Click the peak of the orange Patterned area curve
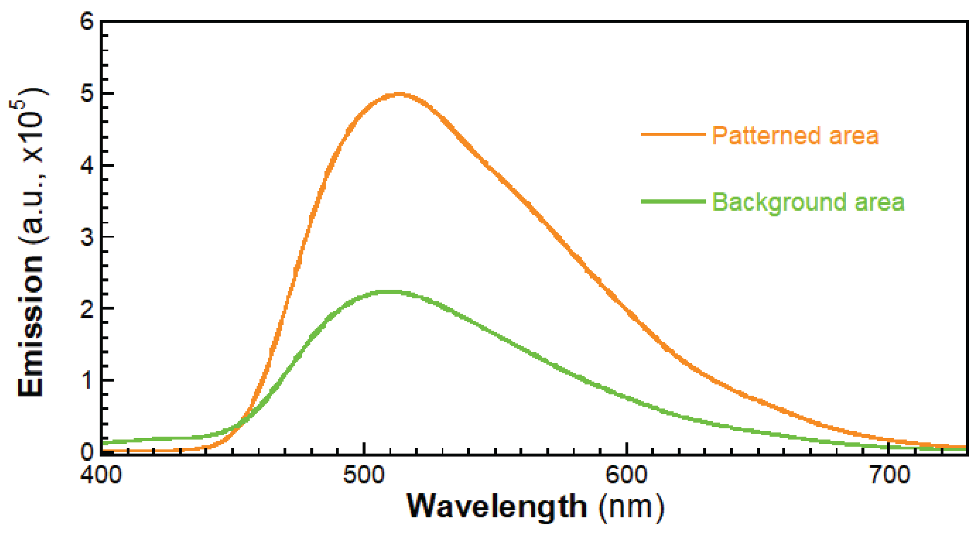[x=399, y=94]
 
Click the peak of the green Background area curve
[x=390, y=291]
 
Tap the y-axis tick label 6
[x=87, y=21]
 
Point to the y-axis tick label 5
[x=87, y=93]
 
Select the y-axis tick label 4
[x=87, y=165]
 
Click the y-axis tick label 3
[x=87, y=237]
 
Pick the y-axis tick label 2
[x=87, y=309]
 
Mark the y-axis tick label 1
[x=87, y=380]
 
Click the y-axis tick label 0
[x=87, y=451]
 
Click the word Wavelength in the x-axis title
[x=496, y=506]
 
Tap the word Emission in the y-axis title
[x=31, y=326]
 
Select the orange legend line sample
[x=673, y=134]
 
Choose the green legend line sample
[x=673, y=201]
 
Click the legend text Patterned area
[x=795, y=136]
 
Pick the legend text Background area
[x=808, y=202]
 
